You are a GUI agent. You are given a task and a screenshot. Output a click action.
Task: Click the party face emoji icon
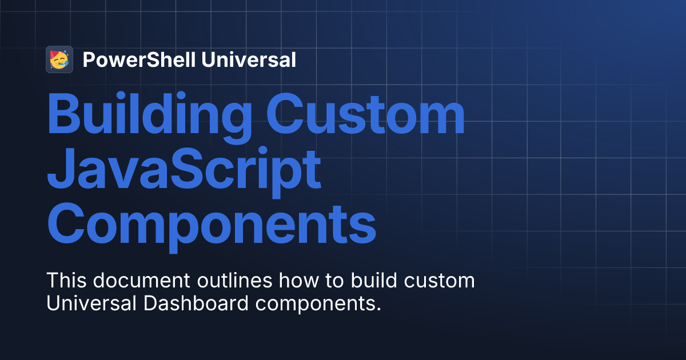[x=59, y=59]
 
